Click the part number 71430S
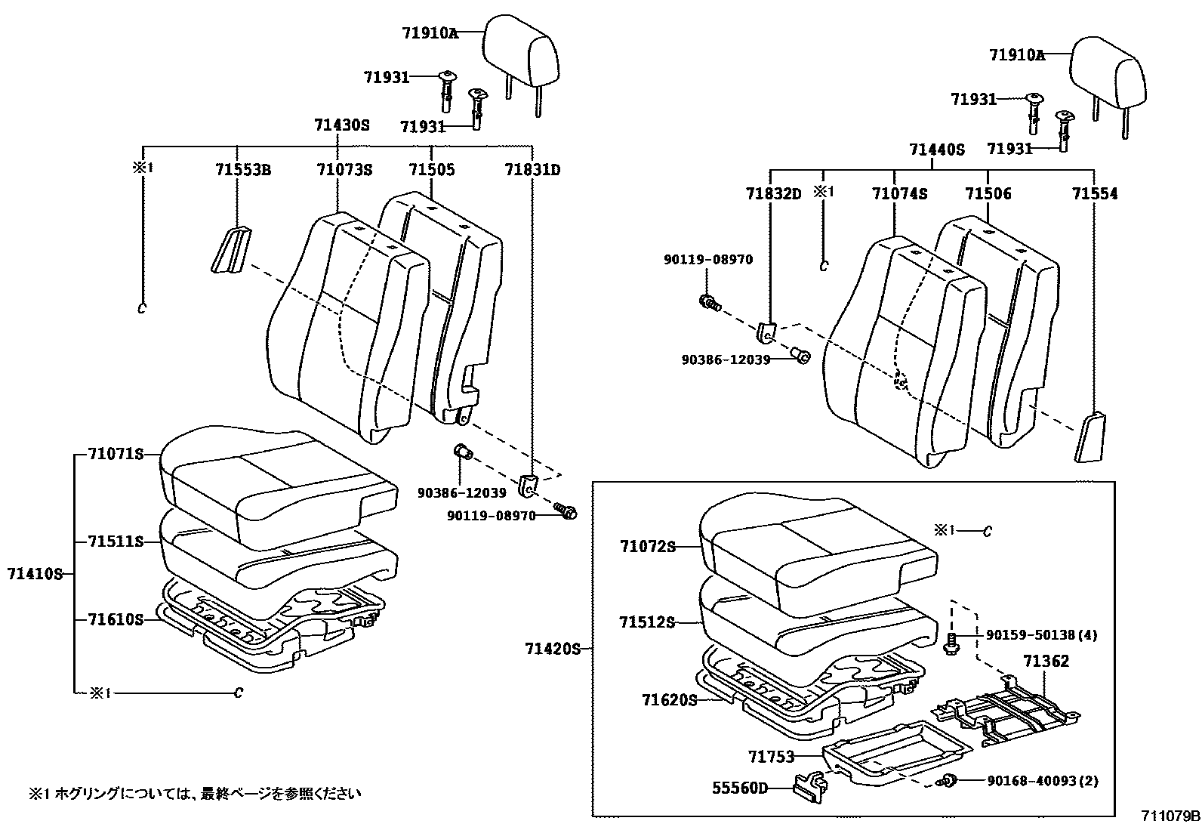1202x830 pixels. tap(341, 125)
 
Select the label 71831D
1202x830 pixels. tap(532, 170)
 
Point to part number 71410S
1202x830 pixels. tap(35, 574)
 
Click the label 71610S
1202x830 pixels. tap(115, 619)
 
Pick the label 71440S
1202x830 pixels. tap(937, 150)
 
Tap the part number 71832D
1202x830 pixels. tap(773, 194)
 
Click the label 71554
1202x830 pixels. tap(1095, 194)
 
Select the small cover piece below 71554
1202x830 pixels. tap(1089, 437)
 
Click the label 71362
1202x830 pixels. tap(1046, 662)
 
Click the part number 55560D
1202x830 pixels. tap(739, 788)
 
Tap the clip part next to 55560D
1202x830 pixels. tap(809, 784)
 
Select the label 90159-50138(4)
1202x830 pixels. tap(1042, 635)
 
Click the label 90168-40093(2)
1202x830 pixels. tap(1042, 781)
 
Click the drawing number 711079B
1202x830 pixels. tap(1170, 816)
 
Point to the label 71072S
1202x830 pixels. tap(647, 546)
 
